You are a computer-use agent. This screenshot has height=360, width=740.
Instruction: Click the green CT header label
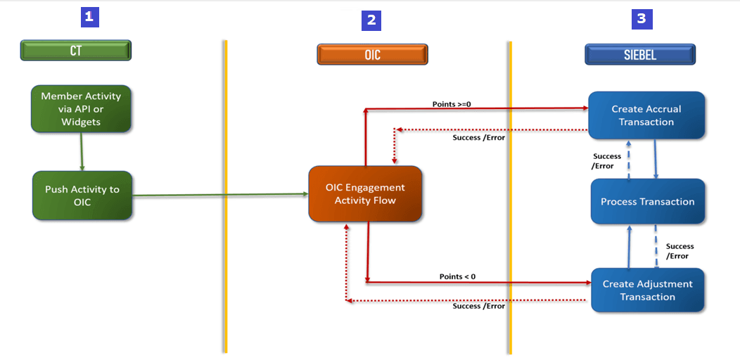pyautogui.click(x=76, y=51)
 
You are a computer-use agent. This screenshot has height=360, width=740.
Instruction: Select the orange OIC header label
pyautogui.click(x=372, y=54)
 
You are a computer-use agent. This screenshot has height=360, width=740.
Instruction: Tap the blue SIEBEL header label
pyautogui.click(x=640, y=54)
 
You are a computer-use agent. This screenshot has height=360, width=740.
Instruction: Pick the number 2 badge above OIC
pyautogui.click(x=371, y=20)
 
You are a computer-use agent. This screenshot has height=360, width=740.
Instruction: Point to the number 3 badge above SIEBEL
pyautogui.click(x=641, y=19)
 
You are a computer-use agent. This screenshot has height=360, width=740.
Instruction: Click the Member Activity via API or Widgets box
pyautogui.click(x=81, y=109)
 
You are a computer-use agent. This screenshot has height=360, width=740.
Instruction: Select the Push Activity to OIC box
pyautogui.click(x=82, y=195)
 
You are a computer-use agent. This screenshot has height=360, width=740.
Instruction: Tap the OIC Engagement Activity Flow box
pyautogui.click(x=365, y=194)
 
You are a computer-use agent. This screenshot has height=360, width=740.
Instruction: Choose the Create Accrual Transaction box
pyautogui.click(x=646, y=115)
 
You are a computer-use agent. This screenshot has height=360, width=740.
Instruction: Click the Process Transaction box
pyautogui.click(x=647, y=202)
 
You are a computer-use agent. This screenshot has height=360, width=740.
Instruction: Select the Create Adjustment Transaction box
pyautogui.click(x=647, y=290)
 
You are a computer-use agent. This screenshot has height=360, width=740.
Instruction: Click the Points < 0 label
pyautogui.click(x=457, y=276)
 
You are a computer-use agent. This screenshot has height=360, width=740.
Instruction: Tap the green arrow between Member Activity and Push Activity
pyautogui.click(x=82, y=151)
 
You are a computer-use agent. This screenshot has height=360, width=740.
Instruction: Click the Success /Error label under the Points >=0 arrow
pyautogui.click(x=478, y=137)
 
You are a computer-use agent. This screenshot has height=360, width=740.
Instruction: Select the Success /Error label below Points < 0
pyautogui.click(x=478, y=306)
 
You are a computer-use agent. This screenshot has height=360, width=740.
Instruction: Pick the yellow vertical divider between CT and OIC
pyautogui.click(x=225, y=197)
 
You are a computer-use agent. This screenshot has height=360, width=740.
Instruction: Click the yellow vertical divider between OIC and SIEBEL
pyautogui.click(x=509, y=197)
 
